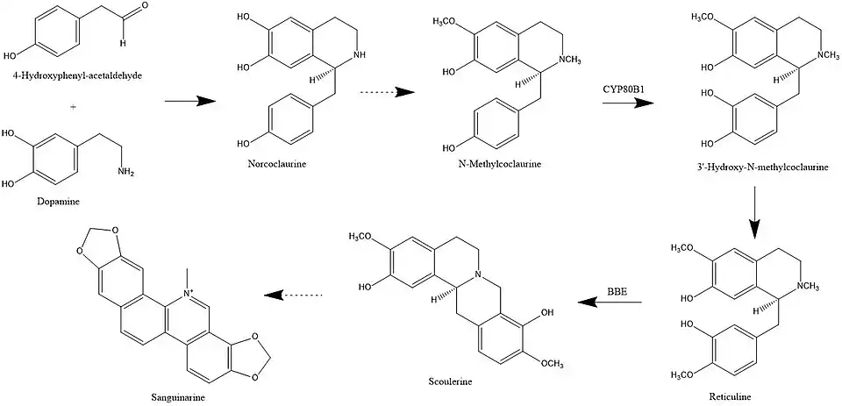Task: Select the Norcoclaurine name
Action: tap(271, 164)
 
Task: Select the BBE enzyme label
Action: tap(617, 290)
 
